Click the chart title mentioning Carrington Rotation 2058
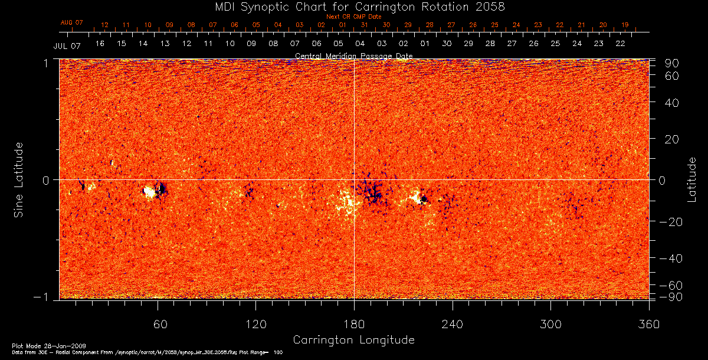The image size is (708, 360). (x=353, y=6)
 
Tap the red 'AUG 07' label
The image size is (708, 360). (x=72, y=22)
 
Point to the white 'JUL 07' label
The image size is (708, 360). (x=67, y=45)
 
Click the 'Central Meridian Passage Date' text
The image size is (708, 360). (x=353, y=55)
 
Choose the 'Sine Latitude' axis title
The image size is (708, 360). (x=19, y=179)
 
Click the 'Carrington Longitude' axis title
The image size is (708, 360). (x=353, y=340)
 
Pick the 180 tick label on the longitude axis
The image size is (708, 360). (x=354, y=324)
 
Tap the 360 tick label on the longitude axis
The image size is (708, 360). (x=648, y=324)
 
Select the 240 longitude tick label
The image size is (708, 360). (x=453, y=324)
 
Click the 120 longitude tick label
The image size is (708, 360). (x=256, y=324)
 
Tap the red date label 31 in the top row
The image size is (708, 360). (x=365, y=25)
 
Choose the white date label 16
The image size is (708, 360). (x=100, y=44)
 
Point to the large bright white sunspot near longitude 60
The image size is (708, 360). (x=150, y=191)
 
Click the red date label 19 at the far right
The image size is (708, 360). (x=625, y=25)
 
